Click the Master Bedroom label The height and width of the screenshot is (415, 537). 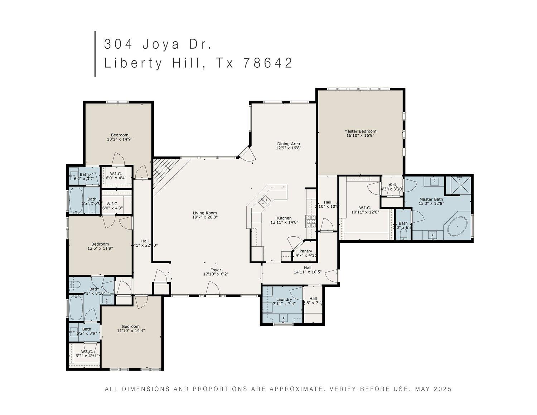[360, 131]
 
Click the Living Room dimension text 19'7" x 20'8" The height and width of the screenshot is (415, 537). [205, 217]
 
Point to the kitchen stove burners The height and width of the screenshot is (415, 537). [310, 222]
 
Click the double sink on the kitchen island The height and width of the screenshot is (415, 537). [265, 203]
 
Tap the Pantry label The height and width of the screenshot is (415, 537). [305, 251]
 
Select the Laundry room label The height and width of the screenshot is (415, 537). [284, 299]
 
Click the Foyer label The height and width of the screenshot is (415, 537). [216, 270]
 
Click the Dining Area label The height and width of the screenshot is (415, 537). [288, 144]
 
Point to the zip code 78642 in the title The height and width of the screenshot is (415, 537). [268, 63]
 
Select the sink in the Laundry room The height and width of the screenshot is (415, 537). [284, 318]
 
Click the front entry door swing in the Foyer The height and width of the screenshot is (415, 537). [213, 288]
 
